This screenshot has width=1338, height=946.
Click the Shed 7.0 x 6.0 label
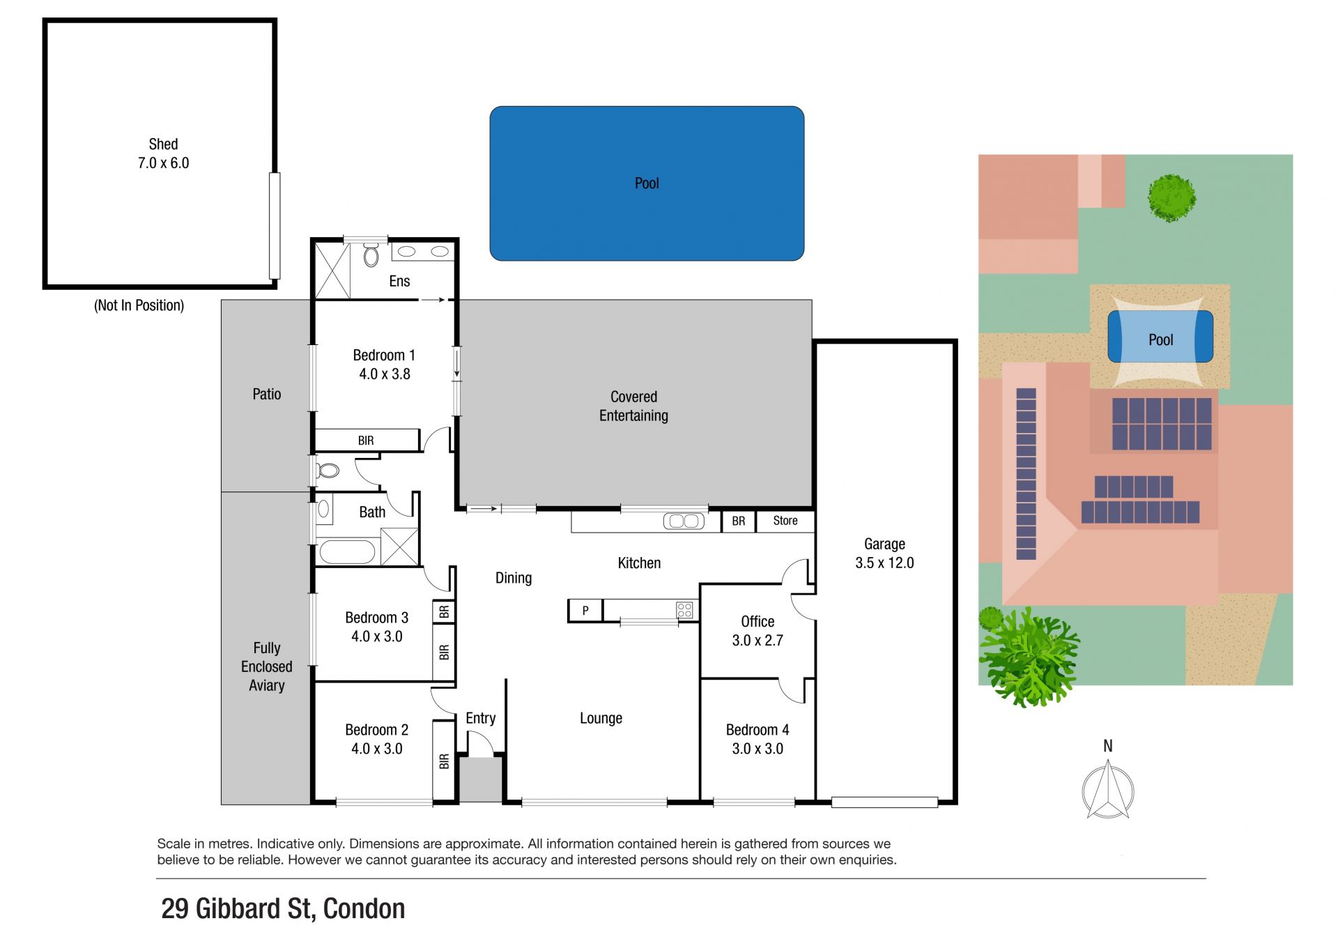[x=163, y=153]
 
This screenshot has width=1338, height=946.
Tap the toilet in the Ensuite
[x=371, y=255]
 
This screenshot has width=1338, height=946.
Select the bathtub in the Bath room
[x=347, y=552]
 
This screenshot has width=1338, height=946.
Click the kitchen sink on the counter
[x=684, y=521]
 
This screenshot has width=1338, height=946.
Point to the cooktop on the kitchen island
[x=684, y=610]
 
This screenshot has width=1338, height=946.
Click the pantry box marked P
[x=585, y=611]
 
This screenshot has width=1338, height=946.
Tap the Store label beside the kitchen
[x=785, y=521]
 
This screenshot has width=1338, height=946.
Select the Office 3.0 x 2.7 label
[x=758, y=631]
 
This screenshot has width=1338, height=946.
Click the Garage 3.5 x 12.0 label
[x=884, y=554]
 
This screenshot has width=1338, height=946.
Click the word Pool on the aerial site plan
[x=1160, y=340]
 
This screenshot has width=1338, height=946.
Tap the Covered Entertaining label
[x=633, y=406]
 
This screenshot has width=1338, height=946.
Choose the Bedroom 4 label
[x=758, y=730]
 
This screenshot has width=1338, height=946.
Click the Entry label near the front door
[x=480, y=719]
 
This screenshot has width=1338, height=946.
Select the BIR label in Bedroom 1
[x=366, y=441]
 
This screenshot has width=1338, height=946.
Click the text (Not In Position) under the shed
[x=139, y=305]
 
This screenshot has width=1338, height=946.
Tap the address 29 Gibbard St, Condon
[x=283, y=909]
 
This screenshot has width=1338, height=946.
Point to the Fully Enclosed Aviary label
[x=267, y=666]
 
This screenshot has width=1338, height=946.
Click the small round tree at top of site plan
[x=1172, y=198]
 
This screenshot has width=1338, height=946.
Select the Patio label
[x=267, y=395]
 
